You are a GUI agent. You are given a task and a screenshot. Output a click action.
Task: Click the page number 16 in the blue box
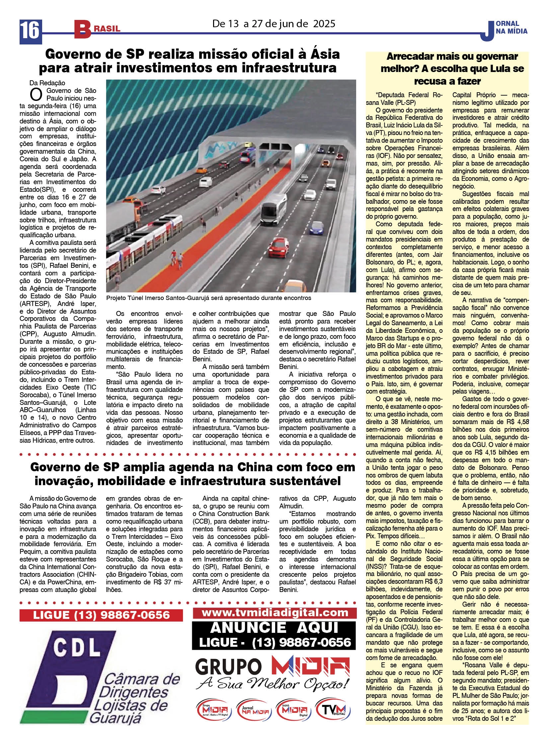click(31, 32)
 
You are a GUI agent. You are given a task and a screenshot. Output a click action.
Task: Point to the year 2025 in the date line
click(324, 24)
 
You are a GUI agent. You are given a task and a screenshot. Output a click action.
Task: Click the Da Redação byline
click(47, 83)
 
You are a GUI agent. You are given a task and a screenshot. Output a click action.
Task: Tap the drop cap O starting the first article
click(36, 95)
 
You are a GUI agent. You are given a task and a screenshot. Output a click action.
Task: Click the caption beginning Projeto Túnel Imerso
click(208, 298)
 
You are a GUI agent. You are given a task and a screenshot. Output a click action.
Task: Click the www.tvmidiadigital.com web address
click(274, 612)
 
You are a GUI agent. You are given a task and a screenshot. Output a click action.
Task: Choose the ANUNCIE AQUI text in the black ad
click(274, 628)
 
